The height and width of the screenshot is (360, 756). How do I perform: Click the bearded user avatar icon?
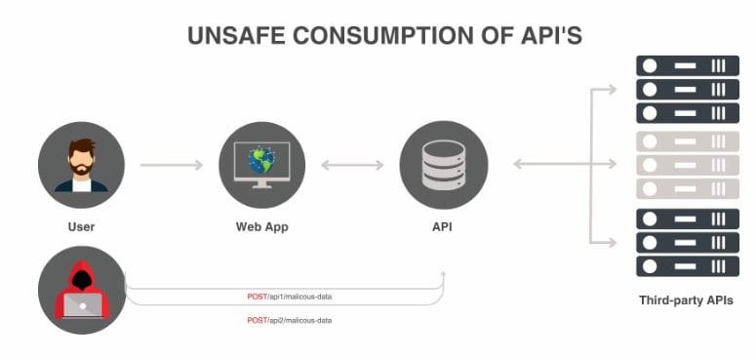point(81,165)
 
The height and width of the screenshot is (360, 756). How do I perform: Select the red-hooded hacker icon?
point(81,290)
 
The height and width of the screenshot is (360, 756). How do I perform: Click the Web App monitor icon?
point(262,165)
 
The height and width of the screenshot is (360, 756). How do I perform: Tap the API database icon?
point(444,165)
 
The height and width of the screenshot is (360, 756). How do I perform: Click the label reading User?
point(81,227)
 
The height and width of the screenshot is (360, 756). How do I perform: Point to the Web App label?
point(262,227)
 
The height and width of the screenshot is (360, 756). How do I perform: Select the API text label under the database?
point(444,227)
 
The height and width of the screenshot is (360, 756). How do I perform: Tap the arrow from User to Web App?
point(171,165)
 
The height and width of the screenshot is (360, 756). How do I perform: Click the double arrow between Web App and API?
point(352,165)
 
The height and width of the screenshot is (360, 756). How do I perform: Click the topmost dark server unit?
point(687,66)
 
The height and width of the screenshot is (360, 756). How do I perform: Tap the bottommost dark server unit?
point(687,266)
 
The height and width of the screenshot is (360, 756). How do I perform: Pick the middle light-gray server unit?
point(687,165)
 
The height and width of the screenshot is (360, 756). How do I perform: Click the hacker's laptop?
point(82,306)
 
